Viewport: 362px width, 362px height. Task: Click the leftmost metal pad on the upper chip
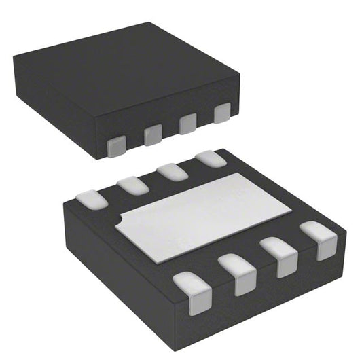coord(117,145)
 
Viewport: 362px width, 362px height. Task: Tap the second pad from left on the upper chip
coord(153,134)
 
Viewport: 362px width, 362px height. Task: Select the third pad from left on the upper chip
coord(187,124)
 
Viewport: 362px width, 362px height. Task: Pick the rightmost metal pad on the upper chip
coord(222,113)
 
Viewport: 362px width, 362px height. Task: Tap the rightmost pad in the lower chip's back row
coord(211,158)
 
